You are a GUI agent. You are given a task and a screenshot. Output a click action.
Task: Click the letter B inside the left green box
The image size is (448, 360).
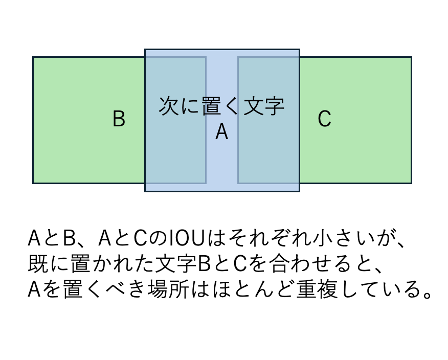[x=119, y=119]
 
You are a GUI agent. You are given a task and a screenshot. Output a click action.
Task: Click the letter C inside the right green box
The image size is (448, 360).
[x=324, y=119]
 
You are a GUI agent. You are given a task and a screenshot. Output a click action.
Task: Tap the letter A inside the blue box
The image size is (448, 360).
[x=221, y=132]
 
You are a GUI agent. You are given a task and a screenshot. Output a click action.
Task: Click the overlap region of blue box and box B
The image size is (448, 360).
[x=175, y=153]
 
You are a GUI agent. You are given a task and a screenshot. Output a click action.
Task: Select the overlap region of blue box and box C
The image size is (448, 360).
[x=268, y=153]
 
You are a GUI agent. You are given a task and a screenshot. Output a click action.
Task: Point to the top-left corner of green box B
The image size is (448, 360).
[x=33, y=57]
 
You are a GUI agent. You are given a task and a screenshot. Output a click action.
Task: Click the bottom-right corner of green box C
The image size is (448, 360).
[x=411, y=183]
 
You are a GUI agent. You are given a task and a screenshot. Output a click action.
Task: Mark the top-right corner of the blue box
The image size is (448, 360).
[x=299, y=50]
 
